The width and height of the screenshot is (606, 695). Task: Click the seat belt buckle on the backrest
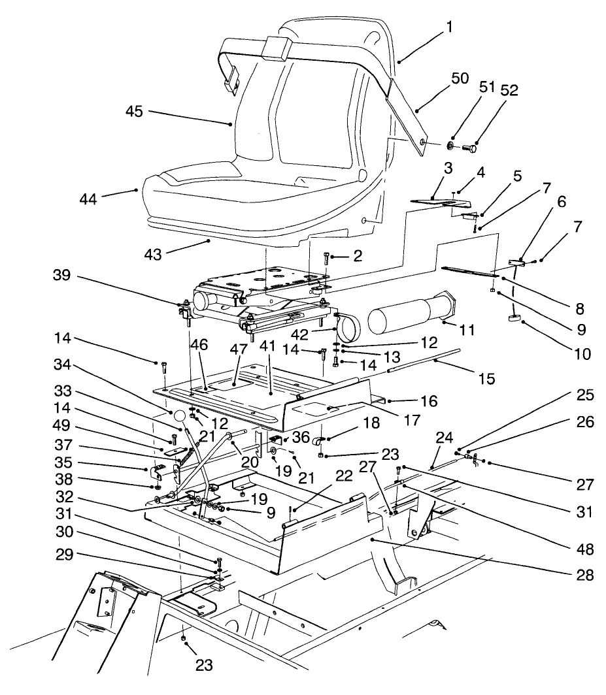click(x=277, y=49)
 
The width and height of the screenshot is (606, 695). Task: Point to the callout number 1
click(x=467, y=28)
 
